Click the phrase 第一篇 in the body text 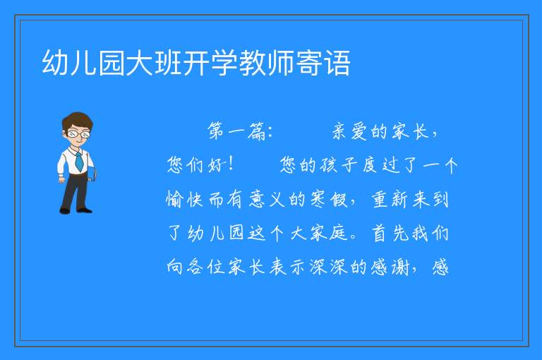[236, 131]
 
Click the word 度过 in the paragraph [381, 164]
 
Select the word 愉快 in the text [184, 199]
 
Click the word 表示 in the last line [287, 267]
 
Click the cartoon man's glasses [79, 133]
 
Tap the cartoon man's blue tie [79, 162]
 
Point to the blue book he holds [92, 174]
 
